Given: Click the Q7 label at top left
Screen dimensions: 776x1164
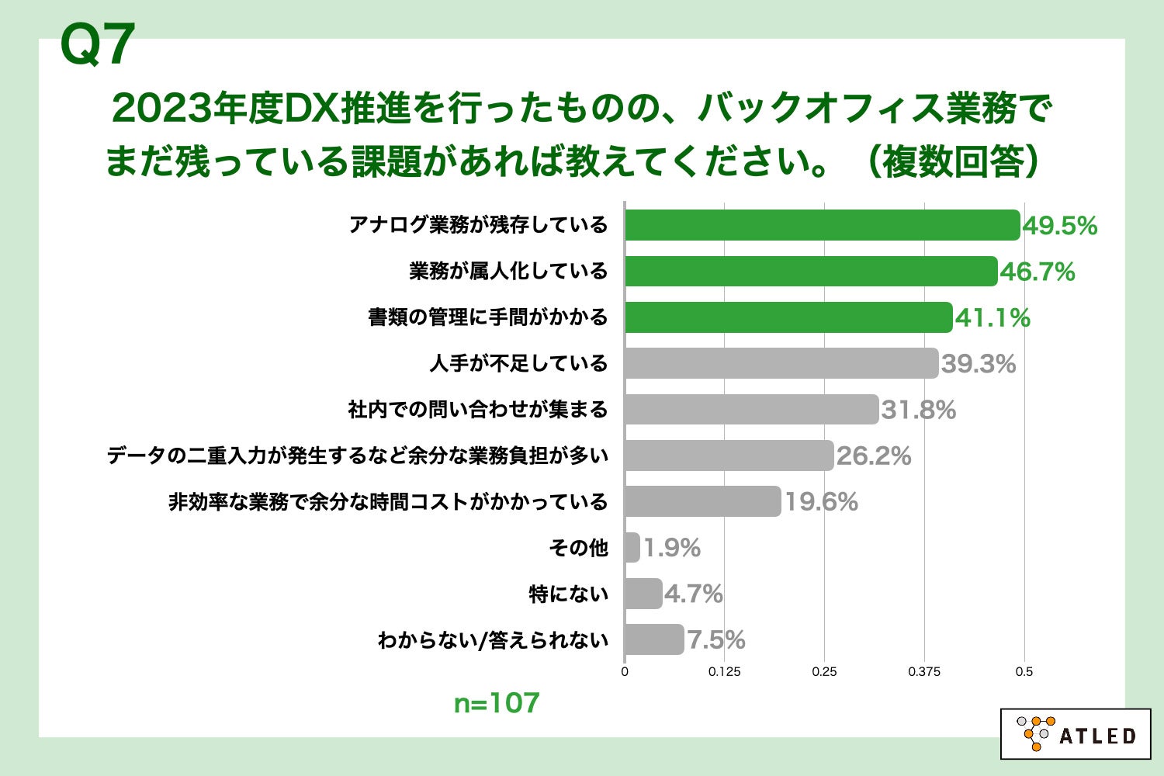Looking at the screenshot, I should pyautogui.click(x=97, y=45).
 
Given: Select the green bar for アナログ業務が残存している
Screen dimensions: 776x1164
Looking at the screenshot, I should pyautogui.click(x=821, y=225).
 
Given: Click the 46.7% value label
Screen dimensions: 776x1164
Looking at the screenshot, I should pyautogui.click(x=1037, y=272).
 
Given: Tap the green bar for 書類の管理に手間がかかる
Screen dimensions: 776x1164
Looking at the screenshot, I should pyautogui.click(x=788, y=317).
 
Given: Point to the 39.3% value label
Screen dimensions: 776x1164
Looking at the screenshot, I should pyautogui.click(x=978, y=363).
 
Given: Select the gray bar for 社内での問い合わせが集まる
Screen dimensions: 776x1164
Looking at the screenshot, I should pyautogui.click(x=750, y=410).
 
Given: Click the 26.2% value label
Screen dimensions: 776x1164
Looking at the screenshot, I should pyautogui.click(x=873, y=456).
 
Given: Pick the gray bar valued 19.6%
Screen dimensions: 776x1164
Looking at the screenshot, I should pyautogui.click(x=702, y=501).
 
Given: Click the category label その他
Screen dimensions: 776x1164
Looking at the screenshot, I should pyautogui.click(x=578, y=548).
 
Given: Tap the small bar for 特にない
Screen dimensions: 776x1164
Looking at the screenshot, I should pyautogui.click(x=643, y=594).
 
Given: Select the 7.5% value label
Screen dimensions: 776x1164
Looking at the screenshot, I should pyautogui.click(x=715, y=640).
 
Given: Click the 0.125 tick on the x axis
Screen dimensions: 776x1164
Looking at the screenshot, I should pyautogui.click(x=724, y=672).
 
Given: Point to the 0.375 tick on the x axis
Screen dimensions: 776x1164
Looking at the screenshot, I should pyautogui.click(x=923, y=672).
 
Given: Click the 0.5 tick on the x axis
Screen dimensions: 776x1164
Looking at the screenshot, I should pyautogui.click(x=1024, y=672).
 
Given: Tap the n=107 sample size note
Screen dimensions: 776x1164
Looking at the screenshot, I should pyautogui.click(x=496, y=703).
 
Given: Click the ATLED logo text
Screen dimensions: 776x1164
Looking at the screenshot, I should pyautogui.click(x=1096, y=736).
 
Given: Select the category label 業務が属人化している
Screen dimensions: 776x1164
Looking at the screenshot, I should pyautogui.click(x=508, y=272).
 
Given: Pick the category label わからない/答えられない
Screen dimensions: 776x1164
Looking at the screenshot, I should pyautogui.click(x=492, y=640).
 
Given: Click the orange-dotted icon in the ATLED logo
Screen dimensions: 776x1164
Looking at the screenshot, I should pyautogui.click(x=1035, y=733).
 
